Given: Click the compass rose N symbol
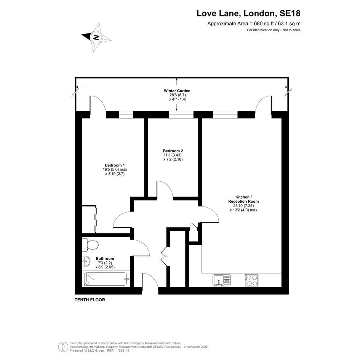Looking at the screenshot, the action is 96,37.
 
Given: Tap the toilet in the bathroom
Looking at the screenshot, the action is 90,245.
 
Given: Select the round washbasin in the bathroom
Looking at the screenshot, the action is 86,261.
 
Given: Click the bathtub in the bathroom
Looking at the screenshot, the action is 106,279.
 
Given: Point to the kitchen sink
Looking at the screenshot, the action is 221,280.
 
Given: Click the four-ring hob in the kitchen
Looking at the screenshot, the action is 251,280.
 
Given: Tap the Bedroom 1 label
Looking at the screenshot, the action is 115,165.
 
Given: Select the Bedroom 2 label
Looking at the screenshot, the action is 173,151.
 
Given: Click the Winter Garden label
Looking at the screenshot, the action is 177,91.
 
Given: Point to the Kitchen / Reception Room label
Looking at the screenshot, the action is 243,199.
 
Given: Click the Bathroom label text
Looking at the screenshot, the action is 105,259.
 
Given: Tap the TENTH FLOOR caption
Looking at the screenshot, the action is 90,300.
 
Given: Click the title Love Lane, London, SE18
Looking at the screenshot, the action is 248,13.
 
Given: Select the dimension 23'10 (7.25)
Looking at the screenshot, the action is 243,206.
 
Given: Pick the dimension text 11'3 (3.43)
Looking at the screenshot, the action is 173,155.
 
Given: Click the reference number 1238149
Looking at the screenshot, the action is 123,350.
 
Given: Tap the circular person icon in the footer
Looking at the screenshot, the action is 63,347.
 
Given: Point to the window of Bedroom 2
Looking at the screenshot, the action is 181,115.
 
